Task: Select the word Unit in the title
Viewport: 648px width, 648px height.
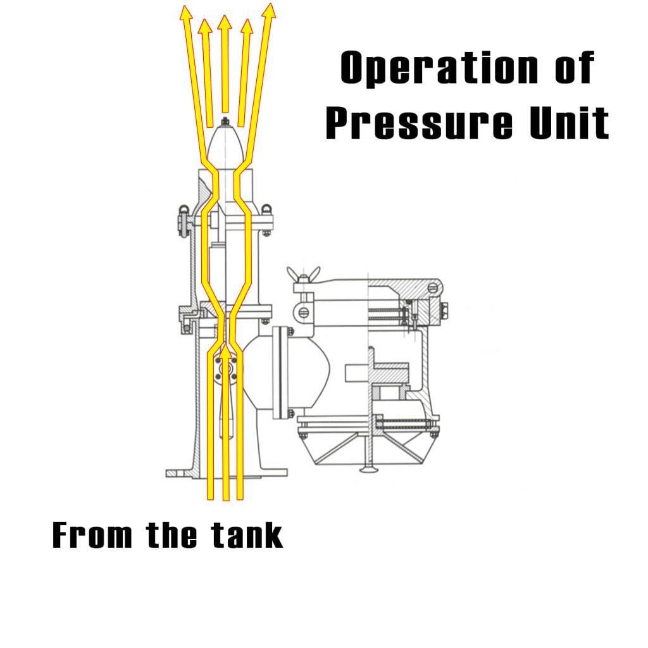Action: pyautogui.click(x=569, y=123)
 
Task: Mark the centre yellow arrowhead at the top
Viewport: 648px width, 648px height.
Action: pyautogui.click(x=224, y=23)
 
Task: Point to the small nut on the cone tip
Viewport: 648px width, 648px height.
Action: pyautogui.click(x=225, y=120)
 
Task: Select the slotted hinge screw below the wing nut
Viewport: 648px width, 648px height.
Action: pyautogui.click(x=302, y=312)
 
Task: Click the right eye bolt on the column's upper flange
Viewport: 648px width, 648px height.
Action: pyautogui.click(x=266, y=209)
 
